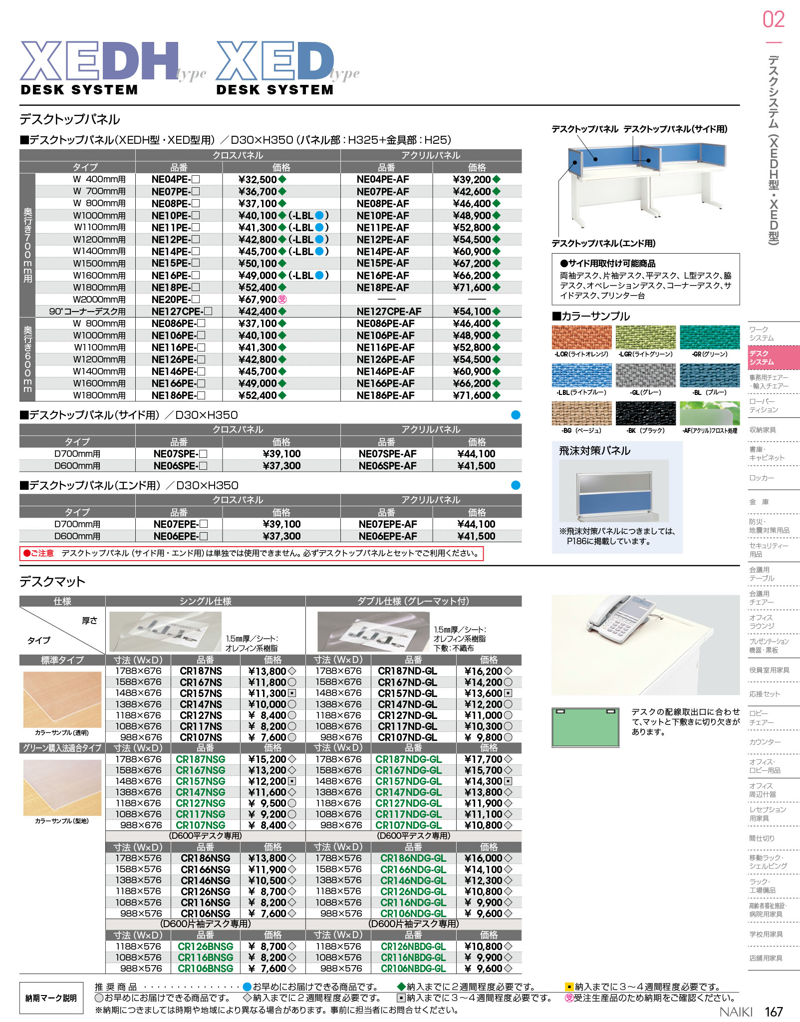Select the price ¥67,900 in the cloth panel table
pos(258,300)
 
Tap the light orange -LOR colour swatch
pos(581,338)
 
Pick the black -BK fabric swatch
pos(645,413)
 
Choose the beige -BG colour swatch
pos(581,413)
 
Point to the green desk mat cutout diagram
pos(585,727)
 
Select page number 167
pos(774,1012)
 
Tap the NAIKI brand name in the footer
pos(736,1012)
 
